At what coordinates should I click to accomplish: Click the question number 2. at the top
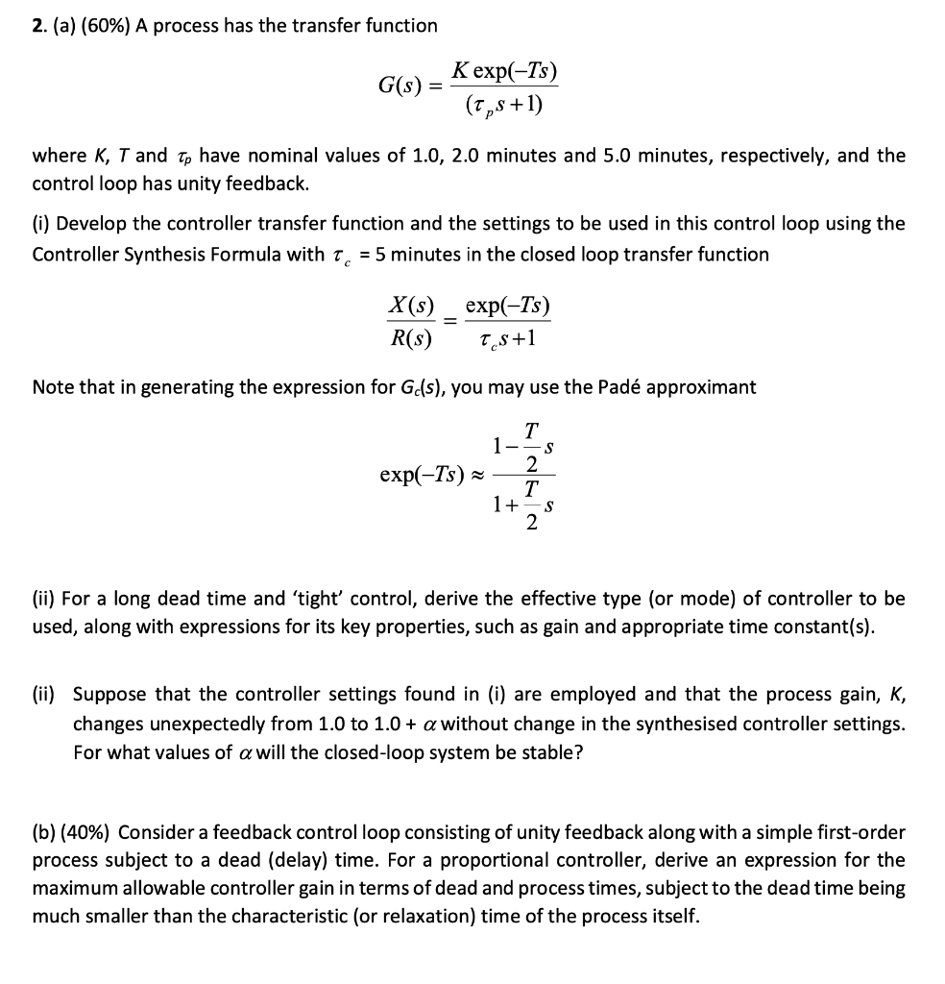(x=39, y=26)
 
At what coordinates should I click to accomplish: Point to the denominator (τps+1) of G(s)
(x=506, y=102)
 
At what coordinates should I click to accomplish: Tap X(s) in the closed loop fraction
(x=410, y=307)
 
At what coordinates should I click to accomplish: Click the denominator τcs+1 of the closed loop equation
(x=507, y=337)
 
